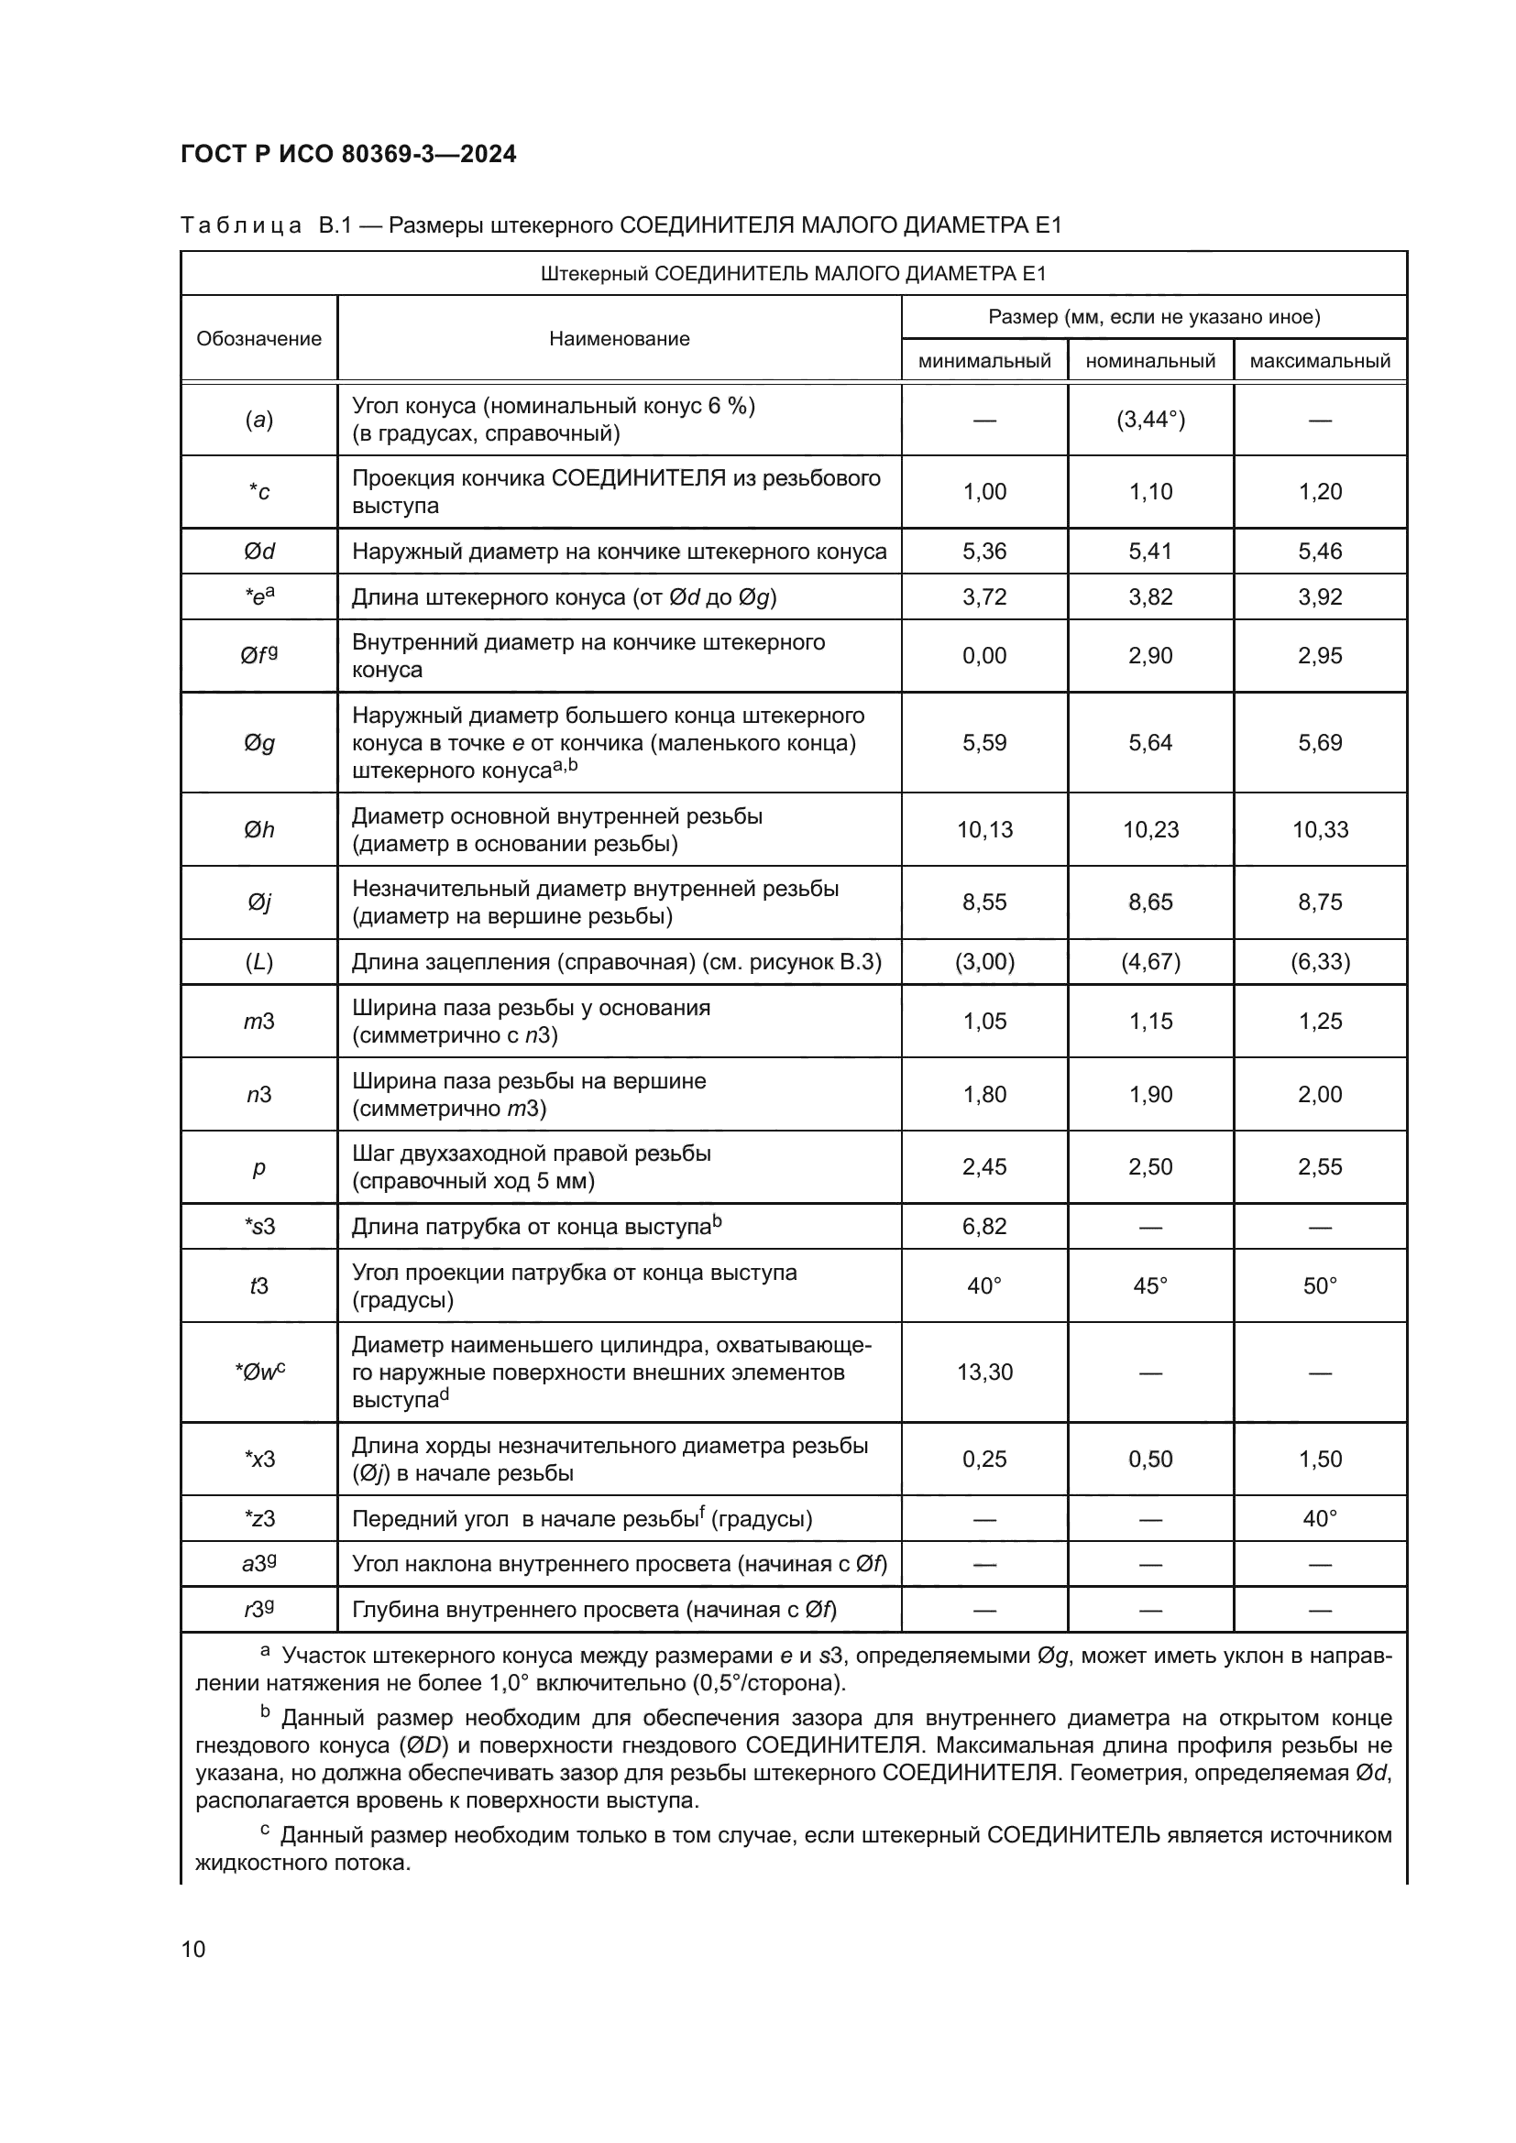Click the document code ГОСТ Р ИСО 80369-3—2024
pos(348,154)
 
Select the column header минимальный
pos(983,361)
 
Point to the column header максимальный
pos(1319,361)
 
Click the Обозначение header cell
pos(258,339)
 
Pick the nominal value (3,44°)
pos(1150,420)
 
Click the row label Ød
pos(258,552)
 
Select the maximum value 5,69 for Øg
pos(1319,743)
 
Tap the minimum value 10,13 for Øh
pos(983,830)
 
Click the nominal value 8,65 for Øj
pos(1150,902)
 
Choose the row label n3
pos(258,1095)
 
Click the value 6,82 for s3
pos(983,1227)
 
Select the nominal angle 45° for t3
pos(1150,1286)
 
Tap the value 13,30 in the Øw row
pos(983,1372)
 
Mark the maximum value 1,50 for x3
pos(1319,1459)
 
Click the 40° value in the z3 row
pos(1319,1518)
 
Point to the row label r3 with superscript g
pos(258,1610)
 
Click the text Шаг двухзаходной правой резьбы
pos(532,1154)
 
